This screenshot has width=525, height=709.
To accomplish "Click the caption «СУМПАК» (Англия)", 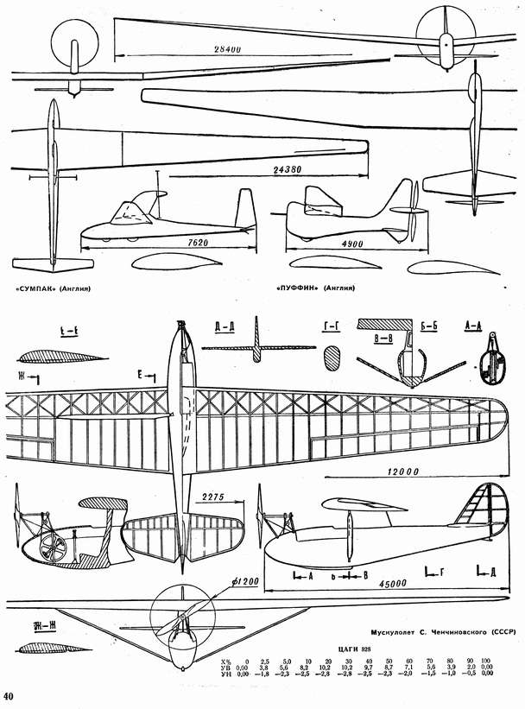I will (53, 288).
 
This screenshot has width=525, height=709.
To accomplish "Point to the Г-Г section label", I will (329, 326).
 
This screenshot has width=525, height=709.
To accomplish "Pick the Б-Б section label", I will (427, 326).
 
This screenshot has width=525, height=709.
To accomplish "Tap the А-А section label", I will (474, 326).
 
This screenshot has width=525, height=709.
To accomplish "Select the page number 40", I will (9, 696).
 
